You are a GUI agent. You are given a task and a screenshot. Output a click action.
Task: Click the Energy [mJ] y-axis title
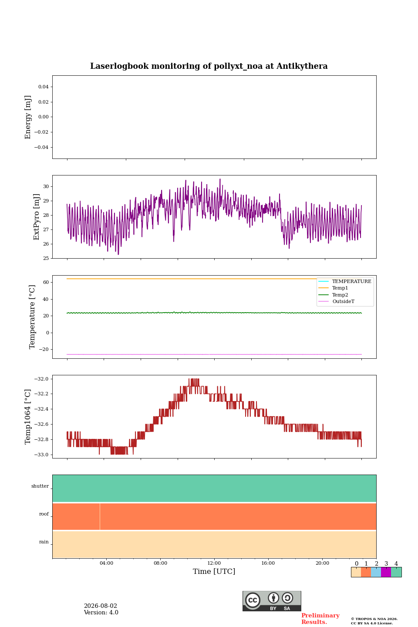coord(28,117)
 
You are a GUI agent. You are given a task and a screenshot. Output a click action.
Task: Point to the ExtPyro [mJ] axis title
coord(36,217)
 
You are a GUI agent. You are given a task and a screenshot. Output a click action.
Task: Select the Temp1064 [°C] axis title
coord(27,417)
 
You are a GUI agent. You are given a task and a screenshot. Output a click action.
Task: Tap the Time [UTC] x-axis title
coord(214,571)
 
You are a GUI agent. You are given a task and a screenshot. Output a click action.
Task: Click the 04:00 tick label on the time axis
coord(106,563)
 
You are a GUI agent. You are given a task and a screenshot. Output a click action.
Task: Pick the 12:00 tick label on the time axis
coord(214,563)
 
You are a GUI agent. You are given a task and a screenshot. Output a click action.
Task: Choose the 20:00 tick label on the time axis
coord(322,563)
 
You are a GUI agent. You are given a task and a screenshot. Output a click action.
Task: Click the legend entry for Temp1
coord(333,288)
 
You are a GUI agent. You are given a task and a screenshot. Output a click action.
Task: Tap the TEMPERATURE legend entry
coord(345,281)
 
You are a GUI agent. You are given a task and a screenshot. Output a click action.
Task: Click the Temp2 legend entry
coord(333,294)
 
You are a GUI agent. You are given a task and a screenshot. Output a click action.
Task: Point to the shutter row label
coord(40,486)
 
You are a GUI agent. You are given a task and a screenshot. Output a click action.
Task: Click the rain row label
coord(44,542)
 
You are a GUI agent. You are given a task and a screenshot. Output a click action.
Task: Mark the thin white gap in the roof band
coord(100,516)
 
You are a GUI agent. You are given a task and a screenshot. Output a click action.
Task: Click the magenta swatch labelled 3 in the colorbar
coord(386,572)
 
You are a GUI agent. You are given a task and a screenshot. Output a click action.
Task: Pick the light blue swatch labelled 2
coord(376,572)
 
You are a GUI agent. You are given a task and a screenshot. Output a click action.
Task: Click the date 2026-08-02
coord(100,606)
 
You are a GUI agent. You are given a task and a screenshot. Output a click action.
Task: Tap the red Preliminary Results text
coord(320,619)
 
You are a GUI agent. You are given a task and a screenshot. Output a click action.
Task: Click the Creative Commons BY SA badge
coord(272,601)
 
